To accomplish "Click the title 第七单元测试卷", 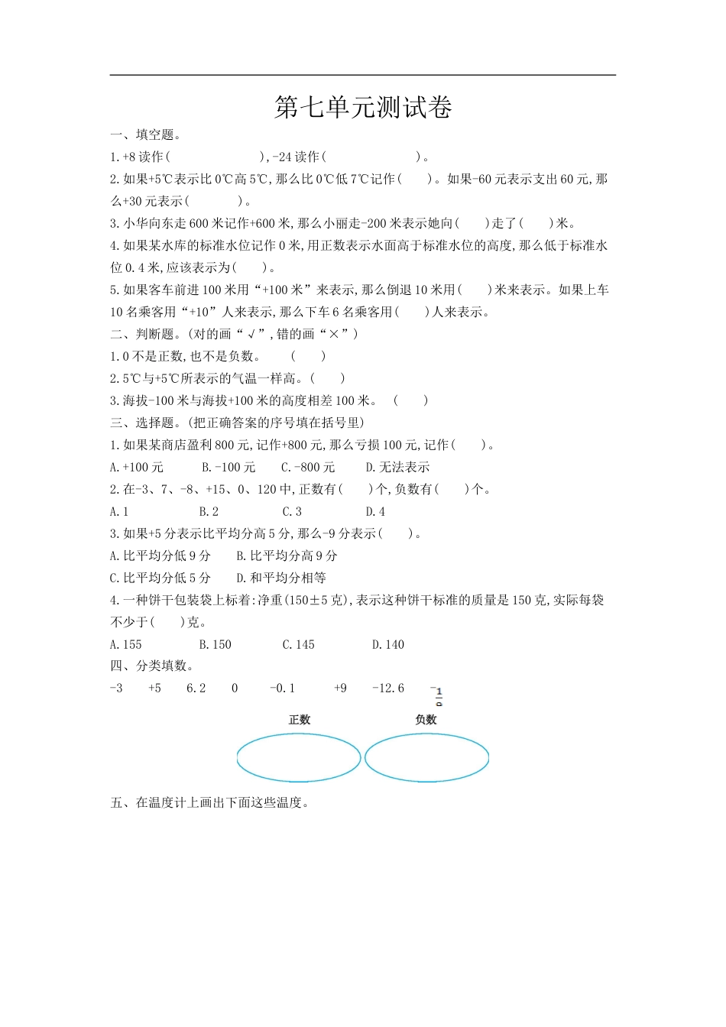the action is click(x=363, y=108).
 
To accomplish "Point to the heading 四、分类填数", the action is click(x=151, y=666).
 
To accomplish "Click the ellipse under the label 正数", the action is click(x=299, y=758).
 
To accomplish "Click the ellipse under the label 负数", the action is click(x=426, y=758).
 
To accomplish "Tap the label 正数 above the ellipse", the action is click(x=300, y=720).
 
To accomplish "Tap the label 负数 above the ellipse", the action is click(x=426, y=720).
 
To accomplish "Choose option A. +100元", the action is click(x=137, y=468).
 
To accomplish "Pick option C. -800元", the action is click(x=308, y=468).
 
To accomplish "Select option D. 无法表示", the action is click(x=397, y=468).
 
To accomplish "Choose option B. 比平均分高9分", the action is click(x=287, y=556).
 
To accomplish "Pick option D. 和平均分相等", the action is click(x=281, y=578).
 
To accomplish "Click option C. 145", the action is click(x=299, y=645).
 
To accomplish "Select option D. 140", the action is click(x=388, y=645).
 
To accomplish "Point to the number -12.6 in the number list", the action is click(x=388, y=688).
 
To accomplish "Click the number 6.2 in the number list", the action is click(x=196, y=688).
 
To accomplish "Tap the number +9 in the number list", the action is click(x=340, y=688).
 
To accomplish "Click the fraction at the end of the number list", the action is click(x=438, y=695).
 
